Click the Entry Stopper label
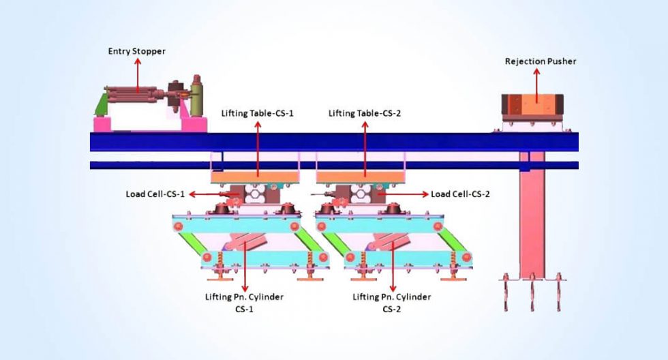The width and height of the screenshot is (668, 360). (136, 51)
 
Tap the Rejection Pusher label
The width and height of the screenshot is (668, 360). (540, 61)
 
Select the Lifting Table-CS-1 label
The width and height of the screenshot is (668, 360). (257, 113)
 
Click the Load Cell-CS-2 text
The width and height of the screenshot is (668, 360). (460, 194)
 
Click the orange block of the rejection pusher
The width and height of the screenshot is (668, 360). (534, 104)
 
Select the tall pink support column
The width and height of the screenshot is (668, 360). (532, 218)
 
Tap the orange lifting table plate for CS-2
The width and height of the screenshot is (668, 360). (362, 177)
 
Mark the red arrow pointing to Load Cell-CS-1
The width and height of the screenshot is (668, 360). (204, 194)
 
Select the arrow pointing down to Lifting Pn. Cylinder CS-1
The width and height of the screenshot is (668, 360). (243, 266)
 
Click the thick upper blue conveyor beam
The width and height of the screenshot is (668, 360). (334, 141)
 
